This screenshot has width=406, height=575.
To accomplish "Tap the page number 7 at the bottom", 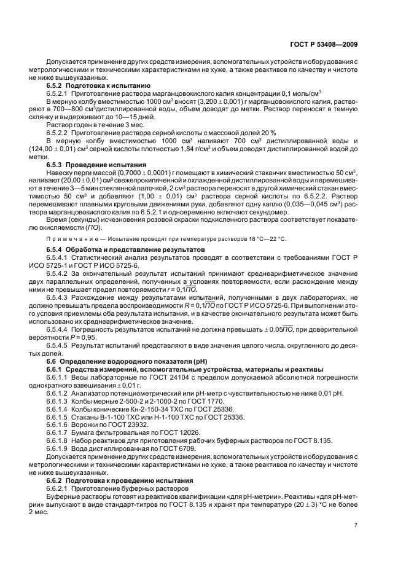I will coord(356,525).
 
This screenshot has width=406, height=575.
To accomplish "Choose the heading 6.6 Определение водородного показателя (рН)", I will coord(117,361).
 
